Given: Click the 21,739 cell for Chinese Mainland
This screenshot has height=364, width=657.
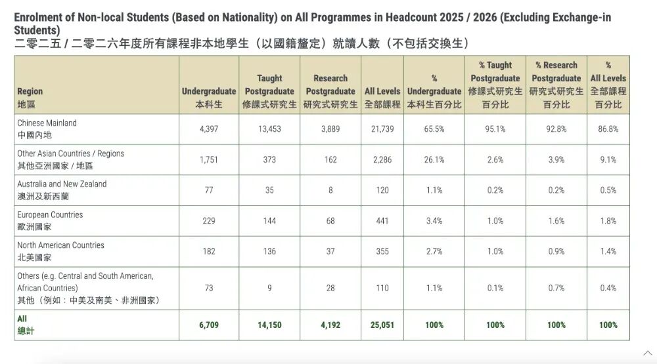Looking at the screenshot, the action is [382, 129].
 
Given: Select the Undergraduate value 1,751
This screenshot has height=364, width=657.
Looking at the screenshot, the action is [209, 159].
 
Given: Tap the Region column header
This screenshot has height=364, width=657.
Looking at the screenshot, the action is [30, 98].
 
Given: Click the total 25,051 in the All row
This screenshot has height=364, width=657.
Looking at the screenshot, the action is [382, 325].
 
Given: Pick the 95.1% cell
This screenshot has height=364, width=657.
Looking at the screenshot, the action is [495, 129].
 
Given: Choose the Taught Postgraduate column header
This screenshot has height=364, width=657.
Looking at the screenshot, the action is [269, 91].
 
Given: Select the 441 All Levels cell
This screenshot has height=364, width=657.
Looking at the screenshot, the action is [382, 220].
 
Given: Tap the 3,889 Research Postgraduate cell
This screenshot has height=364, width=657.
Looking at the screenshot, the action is [330, 129].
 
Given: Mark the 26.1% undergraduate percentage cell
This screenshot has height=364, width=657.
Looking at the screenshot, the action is [434, 159].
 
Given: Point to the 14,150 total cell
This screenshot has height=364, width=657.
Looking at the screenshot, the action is [269, 325].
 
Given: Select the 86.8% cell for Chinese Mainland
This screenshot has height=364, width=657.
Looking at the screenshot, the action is [608, 129].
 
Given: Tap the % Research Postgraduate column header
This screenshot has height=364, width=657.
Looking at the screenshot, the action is [556, 85].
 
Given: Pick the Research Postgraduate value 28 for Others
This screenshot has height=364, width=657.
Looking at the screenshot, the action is [330, 288].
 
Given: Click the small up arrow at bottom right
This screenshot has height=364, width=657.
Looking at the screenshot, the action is [648, 354].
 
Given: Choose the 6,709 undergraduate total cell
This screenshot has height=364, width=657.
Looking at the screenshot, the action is [209, 325].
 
